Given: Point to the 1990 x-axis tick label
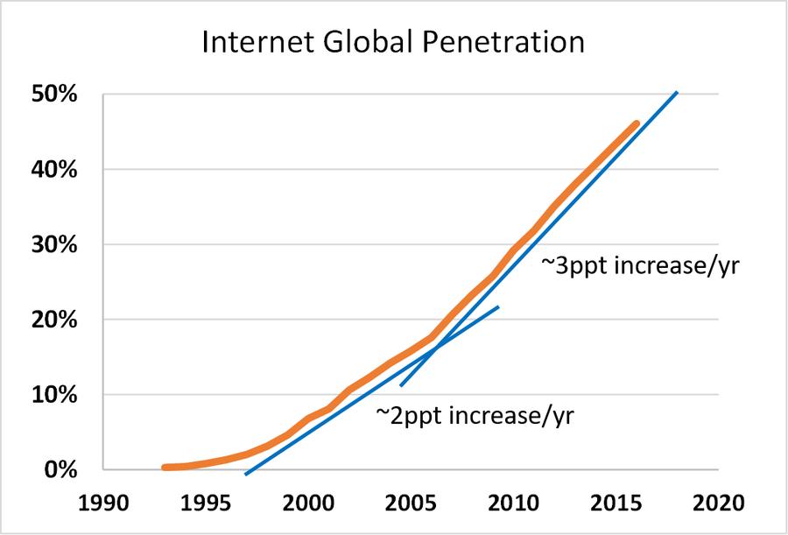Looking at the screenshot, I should [x=103, y=504].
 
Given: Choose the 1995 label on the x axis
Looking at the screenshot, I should [x=206, y=504].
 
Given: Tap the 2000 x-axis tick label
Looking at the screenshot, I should [x=307, y=504].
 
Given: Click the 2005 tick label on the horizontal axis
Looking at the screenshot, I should [x=410, y=504].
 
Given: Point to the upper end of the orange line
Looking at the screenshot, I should [x=636, y=123].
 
